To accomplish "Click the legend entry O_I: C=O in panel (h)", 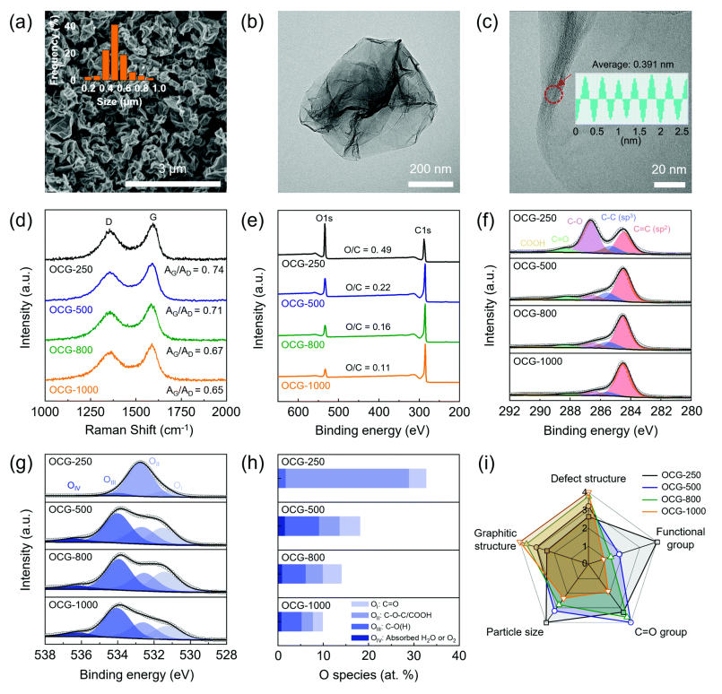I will click(399, 606).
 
